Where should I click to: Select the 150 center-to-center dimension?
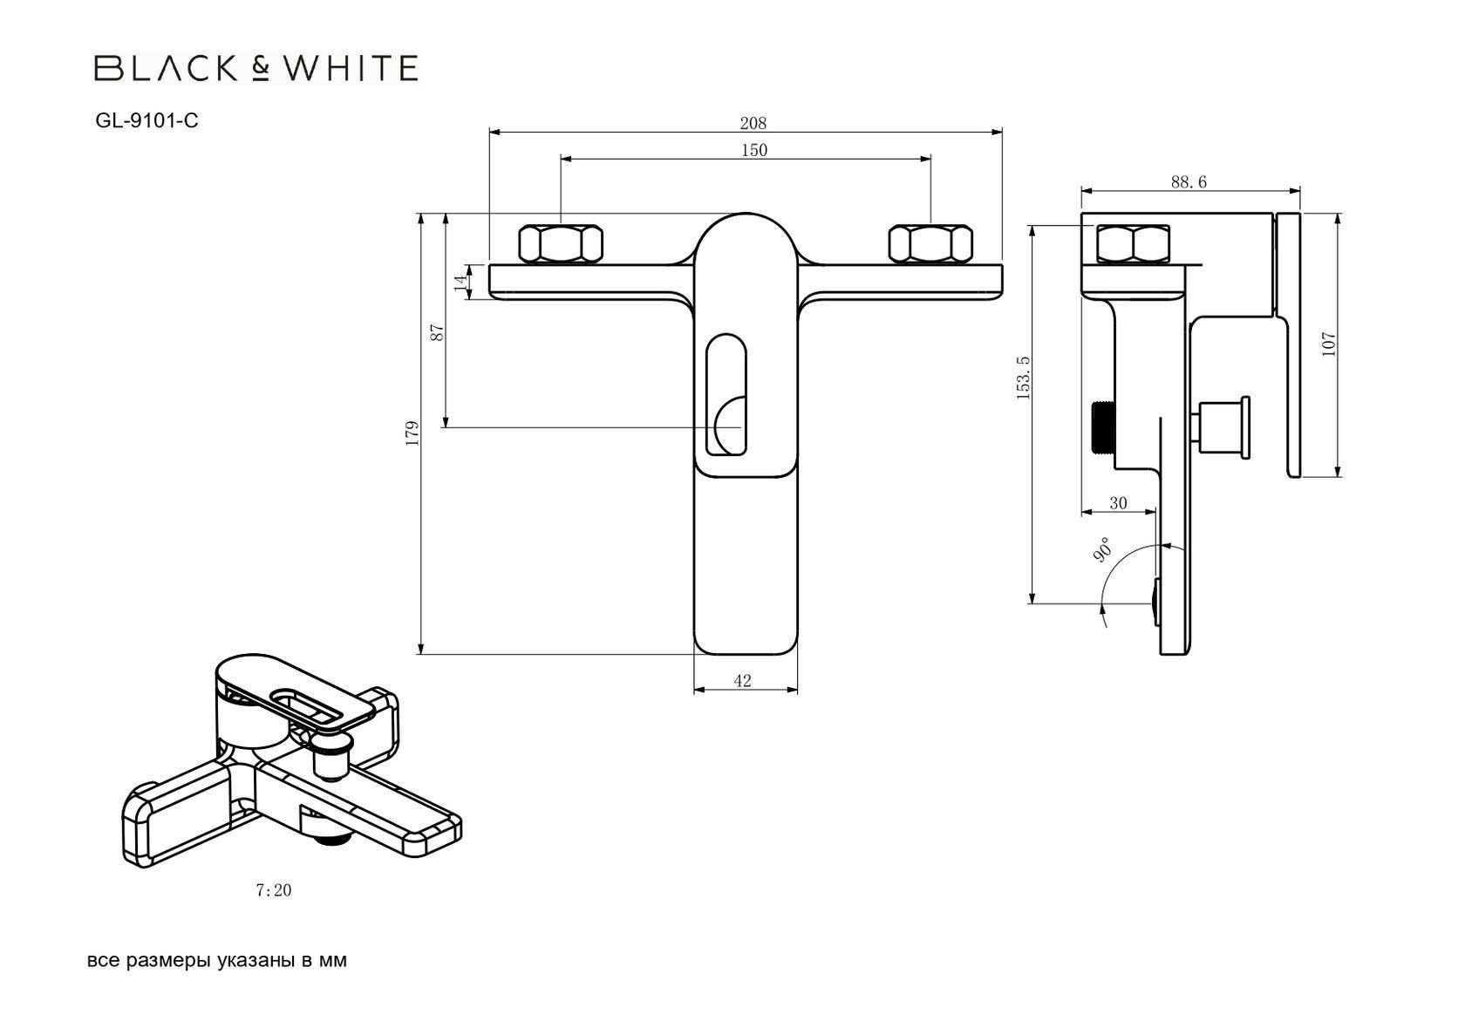(x=753, y=150)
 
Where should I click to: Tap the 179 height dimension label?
(x=412, y=432)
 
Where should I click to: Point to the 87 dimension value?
(x=438, y=331)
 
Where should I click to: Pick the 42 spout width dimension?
(x=742, y=681)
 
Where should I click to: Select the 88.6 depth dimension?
(x=1189, y=181)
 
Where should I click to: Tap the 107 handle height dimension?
(x=1328, y=344)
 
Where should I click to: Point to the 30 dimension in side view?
(x=1118, y=503)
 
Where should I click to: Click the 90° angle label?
(x=1101, y=550)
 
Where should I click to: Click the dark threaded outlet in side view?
(x=1104, y=427)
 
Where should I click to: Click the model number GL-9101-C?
(x=146, y=121)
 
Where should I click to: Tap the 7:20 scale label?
(x=273, y=890)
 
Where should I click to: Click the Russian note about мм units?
(x=217, y=961)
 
